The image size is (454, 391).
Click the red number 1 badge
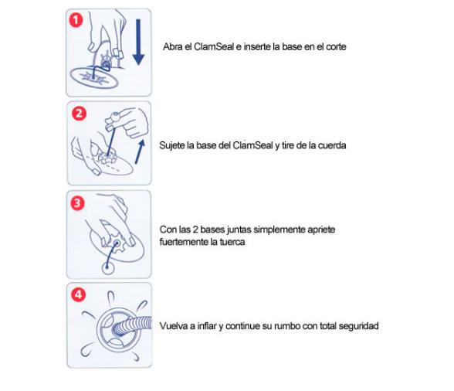pos(76,20)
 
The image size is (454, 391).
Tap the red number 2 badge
pos(79,114)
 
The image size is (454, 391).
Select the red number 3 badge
pos(77,203)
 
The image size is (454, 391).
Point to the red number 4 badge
pos(79,294)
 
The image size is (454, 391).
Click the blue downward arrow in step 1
pos(138,42)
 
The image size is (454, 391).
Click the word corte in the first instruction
pos(336,46)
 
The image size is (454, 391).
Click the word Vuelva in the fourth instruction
pos(173,326)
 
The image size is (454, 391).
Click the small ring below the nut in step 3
pos(108,268)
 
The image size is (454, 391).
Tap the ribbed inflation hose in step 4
pos(132,327)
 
